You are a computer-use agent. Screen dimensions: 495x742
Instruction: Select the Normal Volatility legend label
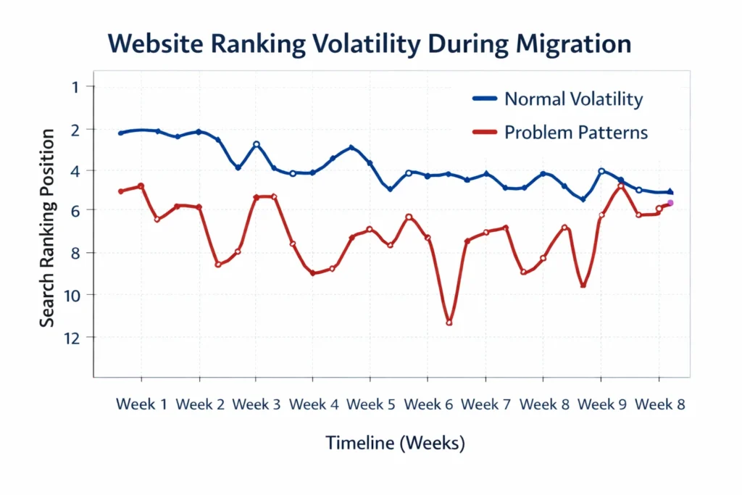coord(573,99)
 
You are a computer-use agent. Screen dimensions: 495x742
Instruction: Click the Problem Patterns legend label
coord(576,133)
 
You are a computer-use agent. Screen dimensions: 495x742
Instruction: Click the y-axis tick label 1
coord(70,87)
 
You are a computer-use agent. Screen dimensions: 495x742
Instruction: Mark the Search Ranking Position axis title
coord(47,228)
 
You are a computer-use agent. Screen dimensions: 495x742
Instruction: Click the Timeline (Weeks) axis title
coord(394,443)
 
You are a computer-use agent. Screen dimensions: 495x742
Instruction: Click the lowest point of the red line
coord(449,323)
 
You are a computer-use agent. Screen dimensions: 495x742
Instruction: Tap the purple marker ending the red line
coord(670,203)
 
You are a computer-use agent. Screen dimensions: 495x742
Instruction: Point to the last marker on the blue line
coord(670,191)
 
